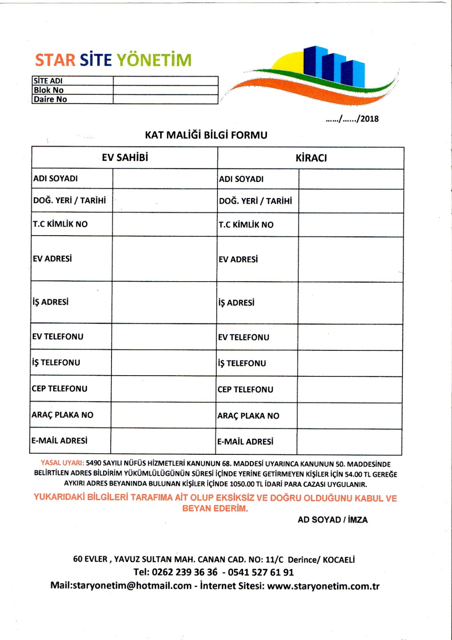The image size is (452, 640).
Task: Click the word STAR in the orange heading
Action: point(55,60)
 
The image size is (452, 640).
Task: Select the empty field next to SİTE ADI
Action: point(165,80)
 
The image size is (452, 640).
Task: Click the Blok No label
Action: point(49,90)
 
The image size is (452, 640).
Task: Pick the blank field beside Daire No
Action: point(165,99)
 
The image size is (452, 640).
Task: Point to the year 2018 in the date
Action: point(369,119)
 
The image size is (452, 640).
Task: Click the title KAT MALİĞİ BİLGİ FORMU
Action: point(206,135)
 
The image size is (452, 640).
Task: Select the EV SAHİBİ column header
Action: point(125,158)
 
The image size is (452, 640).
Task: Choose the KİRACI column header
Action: point(311,158)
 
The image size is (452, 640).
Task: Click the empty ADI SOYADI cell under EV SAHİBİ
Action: point(165,178)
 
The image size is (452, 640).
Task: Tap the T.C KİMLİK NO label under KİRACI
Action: point(246,225)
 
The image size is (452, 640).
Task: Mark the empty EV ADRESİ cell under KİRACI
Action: point(350,260)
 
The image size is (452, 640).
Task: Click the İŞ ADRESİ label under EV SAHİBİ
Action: point(51,302)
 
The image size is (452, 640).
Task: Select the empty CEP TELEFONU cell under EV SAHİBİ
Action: point(163,389)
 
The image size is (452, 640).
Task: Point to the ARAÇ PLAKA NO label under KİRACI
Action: point(248,416)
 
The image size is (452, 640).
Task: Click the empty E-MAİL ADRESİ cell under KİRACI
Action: point(349,442)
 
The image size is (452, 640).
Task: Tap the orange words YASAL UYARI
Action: point(62,463)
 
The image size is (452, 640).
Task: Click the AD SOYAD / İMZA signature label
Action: point(333,520)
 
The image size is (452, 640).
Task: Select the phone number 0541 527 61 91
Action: point(261,572)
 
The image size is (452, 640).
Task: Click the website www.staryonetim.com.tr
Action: point(323,586)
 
